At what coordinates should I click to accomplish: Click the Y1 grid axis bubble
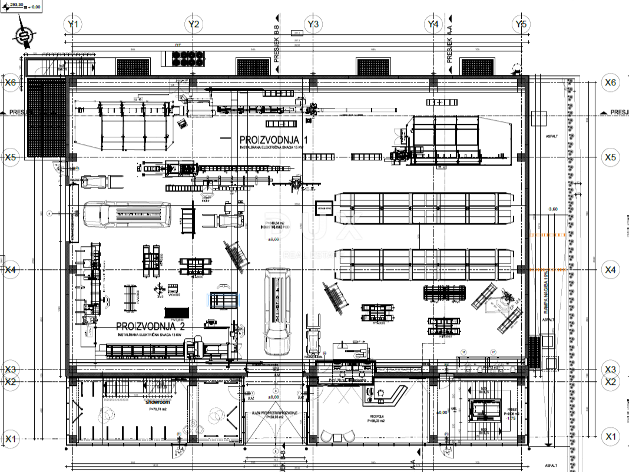[73, 24]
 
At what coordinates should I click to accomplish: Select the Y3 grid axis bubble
[314, 24]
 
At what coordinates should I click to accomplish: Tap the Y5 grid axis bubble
[521, 24]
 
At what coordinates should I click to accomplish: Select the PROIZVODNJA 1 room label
[273, 140]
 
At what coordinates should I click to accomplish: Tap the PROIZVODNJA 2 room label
[150, 326]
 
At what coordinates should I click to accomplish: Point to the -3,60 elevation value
[552, 209]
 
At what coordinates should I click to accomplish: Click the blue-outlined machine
[225, 300]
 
